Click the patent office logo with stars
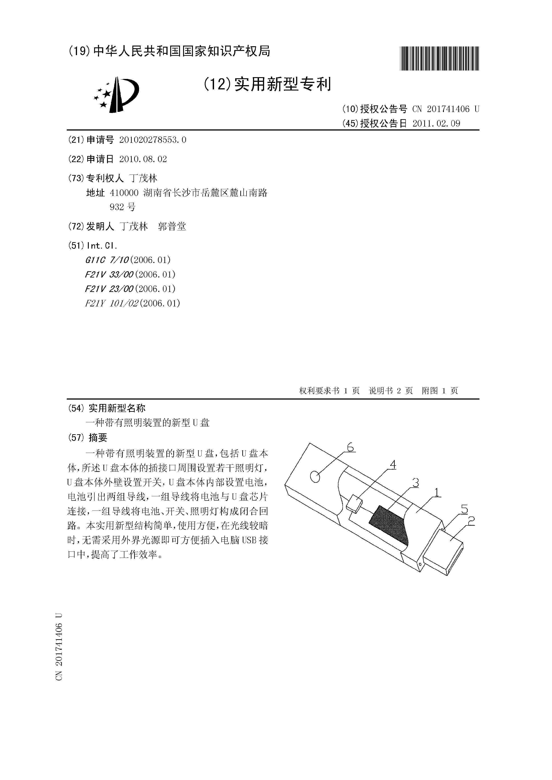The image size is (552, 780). pos(116,95)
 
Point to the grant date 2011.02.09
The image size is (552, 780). pos(436,123)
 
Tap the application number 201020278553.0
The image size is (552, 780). pos(153,140)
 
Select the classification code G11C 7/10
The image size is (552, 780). pos(107,260)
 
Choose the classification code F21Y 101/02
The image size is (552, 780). pos(111,303)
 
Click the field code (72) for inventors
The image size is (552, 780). pos(77,226)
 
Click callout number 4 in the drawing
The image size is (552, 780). pos(393,464)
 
